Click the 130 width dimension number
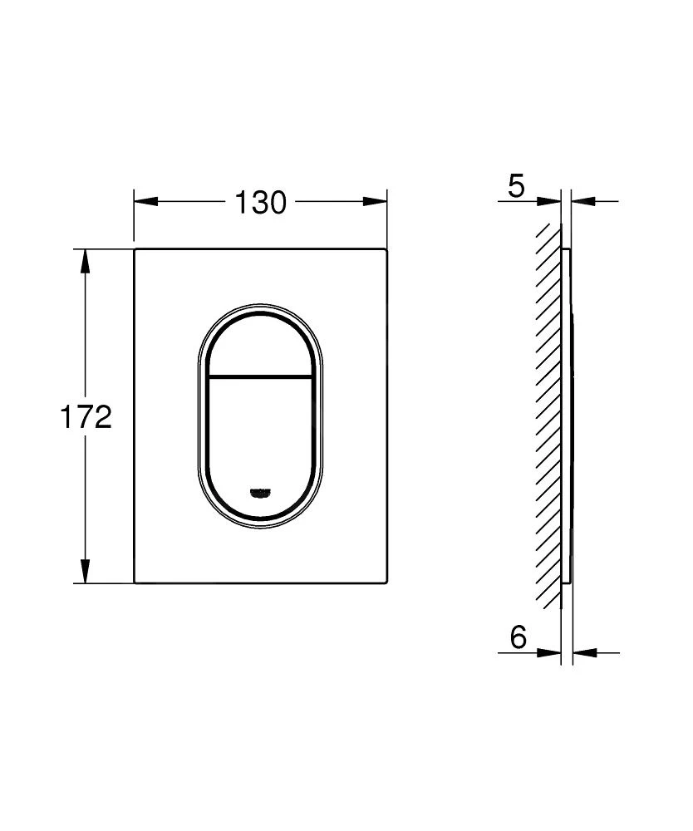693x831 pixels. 259,202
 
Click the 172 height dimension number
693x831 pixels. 85,417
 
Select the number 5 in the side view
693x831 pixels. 516,187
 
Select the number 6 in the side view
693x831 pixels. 518,638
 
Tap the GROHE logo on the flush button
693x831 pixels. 260,492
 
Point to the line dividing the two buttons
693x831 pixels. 260,376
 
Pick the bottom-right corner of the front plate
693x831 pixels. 386,582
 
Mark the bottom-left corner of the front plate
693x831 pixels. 135,582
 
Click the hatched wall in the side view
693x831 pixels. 548,415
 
